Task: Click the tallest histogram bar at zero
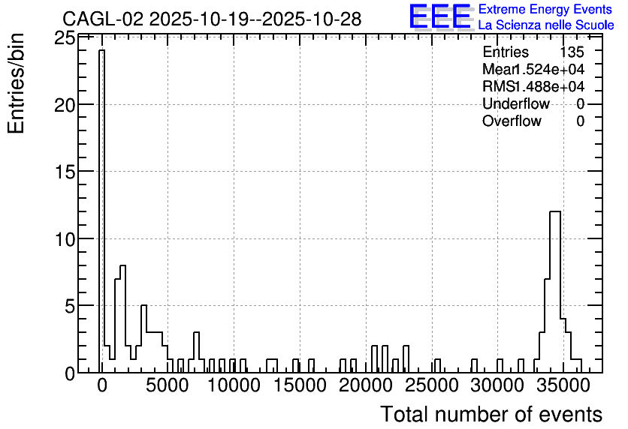tap(102, 211)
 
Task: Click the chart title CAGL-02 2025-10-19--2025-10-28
tap(212, 19)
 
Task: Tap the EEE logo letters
tap(440, 16)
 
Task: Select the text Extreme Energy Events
tap(545, 9)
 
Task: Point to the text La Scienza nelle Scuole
tap(546, 25)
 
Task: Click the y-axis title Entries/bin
tap(17, 83)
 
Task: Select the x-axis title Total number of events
tap(491, 414)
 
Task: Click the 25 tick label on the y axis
tap(64, 38)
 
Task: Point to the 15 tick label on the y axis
tap(64, 172)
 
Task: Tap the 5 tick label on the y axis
tap(70, 306)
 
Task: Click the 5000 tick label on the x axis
tap(168, 385)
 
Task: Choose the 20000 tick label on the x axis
tap(366, 385)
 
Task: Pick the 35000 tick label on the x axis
tap(563, 385)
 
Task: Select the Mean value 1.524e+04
tap(548, 69)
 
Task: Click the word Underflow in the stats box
tap(516, 103)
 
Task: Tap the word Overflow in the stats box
tap(512, 121)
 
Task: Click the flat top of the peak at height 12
tap(555, 211)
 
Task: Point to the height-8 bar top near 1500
tap(123, 265)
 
